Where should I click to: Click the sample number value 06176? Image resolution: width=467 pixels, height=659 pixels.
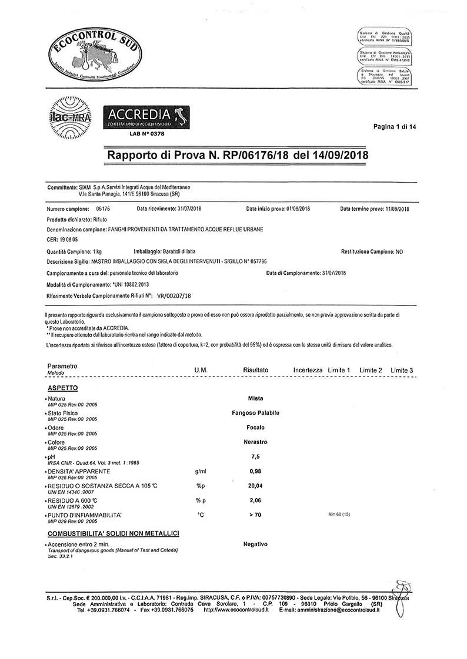pos(103,209)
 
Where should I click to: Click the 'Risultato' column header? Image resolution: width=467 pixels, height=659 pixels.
pos(255,370)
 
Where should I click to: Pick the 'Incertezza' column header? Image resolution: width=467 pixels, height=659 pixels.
pos(308,370)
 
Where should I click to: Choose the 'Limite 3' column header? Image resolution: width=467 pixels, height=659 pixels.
pos(402,370)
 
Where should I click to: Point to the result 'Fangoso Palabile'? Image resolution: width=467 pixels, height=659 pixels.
pos(255,413)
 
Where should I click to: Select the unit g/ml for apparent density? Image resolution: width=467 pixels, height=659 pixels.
pos(199,471)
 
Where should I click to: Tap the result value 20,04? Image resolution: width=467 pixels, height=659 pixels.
pos(255,486)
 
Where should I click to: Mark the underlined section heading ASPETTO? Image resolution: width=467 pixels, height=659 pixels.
pos(62,388)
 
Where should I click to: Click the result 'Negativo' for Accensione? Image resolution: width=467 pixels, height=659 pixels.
pos(255,544)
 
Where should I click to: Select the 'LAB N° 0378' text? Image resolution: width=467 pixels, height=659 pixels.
pos(146,134)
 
